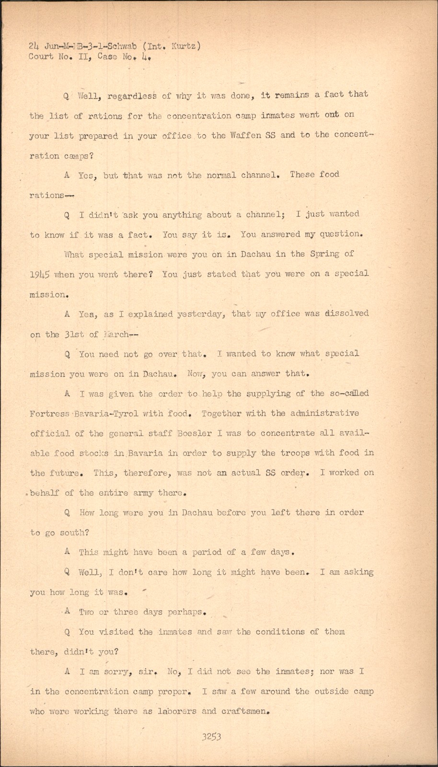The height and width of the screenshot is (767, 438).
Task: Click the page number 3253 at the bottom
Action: coord(211,737)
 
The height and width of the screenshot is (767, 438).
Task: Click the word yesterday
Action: coord(199,314)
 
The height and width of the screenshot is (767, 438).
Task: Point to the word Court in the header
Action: coord(41,57)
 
